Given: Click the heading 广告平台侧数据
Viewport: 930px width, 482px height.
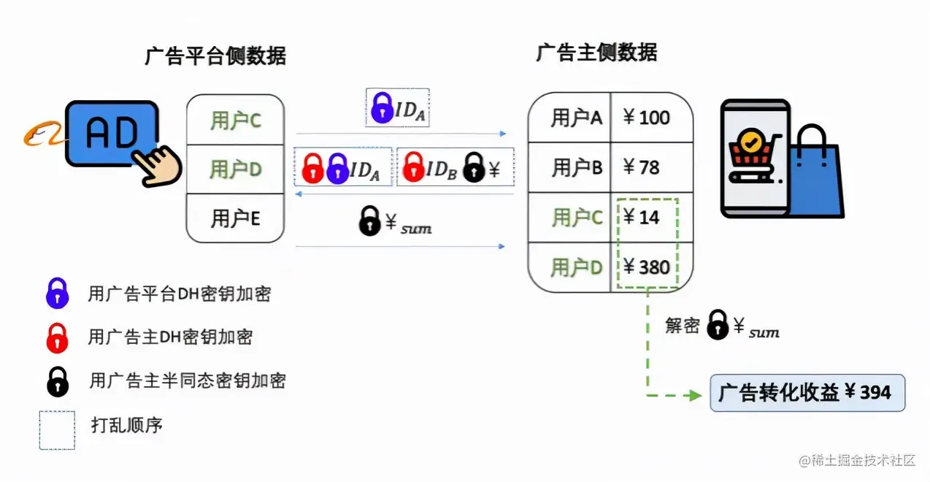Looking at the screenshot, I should [x=215, y=56].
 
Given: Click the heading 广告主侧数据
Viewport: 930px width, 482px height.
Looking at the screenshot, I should [x=596, y=53].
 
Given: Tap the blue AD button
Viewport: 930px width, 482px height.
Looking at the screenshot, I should [x=111, y=133].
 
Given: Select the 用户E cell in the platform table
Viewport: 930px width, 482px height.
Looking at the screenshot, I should [x=235, y=218].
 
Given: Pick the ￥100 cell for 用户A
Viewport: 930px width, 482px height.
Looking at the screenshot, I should [x=647, y=118].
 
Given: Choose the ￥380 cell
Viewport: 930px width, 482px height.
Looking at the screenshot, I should [x=646, y=267].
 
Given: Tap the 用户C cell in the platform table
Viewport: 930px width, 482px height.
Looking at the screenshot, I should [x=235, y=120].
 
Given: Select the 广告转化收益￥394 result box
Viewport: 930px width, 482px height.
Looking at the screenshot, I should [x=807, y=393].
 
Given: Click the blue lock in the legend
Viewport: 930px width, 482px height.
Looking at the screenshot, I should [x=57, y=294].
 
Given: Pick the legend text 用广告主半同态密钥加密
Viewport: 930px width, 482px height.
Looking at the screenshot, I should [x=188, y=380].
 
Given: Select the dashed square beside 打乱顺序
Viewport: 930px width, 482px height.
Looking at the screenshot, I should [x=57, y=429].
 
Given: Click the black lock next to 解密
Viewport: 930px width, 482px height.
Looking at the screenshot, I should [x=718, y=325].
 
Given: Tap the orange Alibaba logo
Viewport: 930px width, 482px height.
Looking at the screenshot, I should [x=43, y=135].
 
